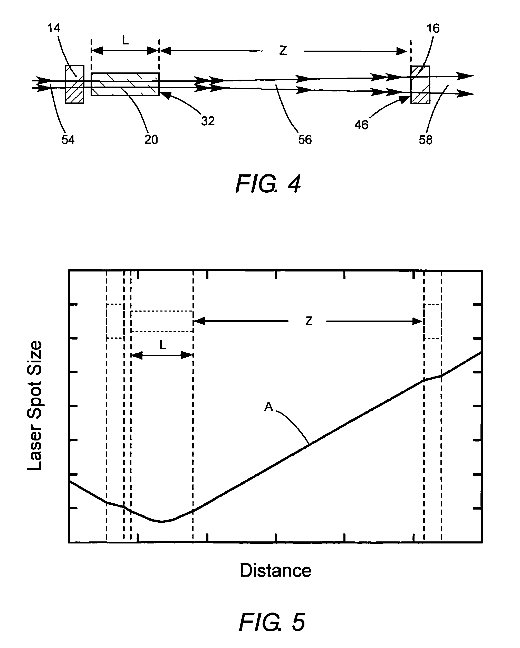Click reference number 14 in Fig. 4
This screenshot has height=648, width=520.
point(54,28)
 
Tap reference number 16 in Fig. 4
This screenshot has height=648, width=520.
point(433,29)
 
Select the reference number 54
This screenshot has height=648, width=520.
point(68,140)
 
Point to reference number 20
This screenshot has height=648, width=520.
point(151,140)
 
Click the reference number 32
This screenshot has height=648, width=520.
point(208,121)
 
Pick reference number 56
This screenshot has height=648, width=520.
point(305,140)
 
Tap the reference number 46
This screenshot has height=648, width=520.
point(361,125)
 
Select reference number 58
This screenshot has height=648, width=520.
point(426,140)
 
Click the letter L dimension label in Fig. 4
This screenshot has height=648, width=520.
point(125,40)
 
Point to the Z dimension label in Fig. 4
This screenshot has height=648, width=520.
point(283,51)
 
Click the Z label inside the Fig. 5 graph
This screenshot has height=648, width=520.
point(309,321)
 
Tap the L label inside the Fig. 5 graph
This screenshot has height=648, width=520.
point(162,345)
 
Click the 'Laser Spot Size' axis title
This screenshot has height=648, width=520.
point(35,406)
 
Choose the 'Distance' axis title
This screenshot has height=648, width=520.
point(275,570)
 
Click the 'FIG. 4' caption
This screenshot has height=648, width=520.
point(268,184)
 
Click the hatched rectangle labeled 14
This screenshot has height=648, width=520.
point(74,84)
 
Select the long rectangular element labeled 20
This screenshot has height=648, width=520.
point(125,84)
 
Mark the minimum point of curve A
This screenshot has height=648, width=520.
point(161,521)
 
